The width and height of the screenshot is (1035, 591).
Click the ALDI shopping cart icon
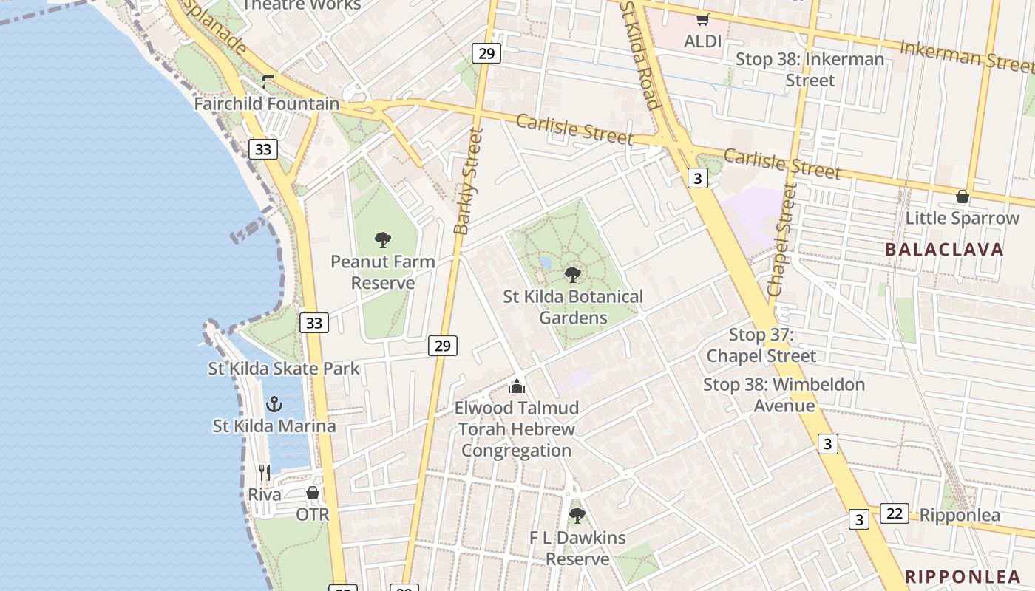[702, 19]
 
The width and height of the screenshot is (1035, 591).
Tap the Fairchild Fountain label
[266, 104]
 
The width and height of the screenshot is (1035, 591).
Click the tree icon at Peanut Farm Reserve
[382, 239]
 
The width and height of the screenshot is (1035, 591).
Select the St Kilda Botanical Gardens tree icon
[572, 275]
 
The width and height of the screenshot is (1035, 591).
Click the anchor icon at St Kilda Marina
[274, 404]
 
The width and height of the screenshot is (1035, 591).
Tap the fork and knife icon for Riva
[265, 472]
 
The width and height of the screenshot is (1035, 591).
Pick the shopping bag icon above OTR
[313, 493]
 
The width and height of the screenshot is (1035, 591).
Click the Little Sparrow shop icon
[962, 197]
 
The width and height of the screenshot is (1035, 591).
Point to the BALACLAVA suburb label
[944, 250]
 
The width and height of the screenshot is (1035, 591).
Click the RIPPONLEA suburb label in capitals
[963, 577]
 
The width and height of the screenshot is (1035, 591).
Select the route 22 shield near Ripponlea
[894, 513]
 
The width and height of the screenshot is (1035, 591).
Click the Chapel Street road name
[781, 241]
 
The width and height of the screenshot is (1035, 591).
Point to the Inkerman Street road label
[967, 57]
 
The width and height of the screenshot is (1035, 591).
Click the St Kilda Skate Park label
[283, 368]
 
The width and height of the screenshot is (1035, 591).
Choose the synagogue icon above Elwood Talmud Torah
[516, 386]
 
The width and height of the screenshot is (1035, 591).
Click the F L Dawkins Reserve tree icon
[577, 515]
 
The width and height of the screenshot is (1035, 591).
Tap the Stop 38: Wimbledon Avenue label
[784, 394]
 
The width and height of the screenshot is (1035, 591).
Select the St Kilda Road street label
[639, 55]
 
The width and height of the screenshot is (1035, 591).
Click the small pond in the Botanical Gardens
[546, 262]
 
